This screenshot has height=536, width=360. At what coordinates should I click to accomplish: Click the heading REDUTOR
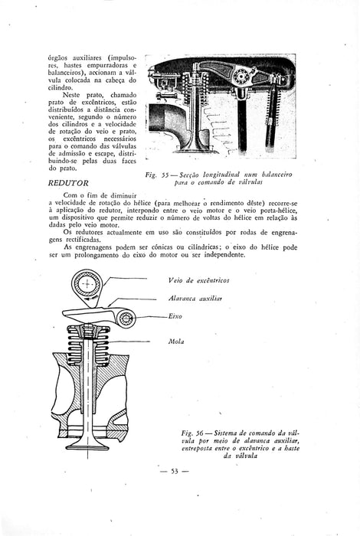point(68,183)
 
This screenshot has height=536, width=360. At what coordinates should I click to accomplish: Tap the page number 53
point(175,472)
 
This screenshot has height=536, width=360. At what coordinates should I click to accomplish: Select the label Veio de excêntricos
point(198,281)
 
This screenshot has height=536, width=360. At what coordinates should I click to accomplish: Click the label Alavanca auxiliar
point(195,299)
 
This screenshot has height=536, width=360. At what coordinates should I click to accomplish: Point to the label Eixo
point(175,316)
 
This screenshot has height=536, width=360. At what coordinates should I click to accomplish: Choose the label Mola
point(176,342)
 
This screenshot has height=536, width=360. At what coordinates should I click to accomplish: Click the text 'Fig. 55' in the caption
point(157,175)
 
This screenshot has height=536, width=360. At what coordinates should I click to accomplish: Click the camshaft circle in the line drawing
point(87,284)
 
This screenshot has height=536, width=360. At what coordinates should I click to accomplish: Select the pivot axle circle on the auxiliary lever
point(126,319)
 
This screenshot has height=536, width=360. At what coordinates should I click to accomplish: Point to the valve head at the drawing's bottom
point(87,446)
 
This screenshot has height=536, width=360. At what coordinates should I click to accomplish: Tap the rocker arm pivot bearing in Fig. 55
point(243,76)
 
